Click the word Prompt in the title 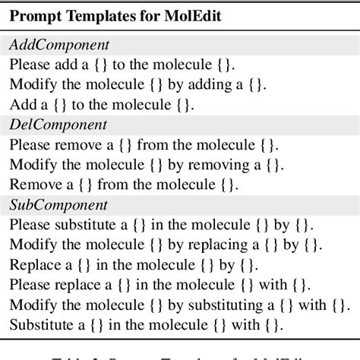[35, 16]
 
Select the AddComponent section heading [58, 45]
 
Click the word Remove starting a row [33, 184]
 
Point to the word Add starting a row [21, 104]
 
